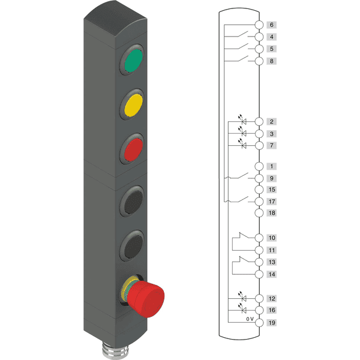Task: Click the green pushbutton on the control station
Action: (133, 60)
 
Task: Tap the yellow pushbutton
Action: (133, 105)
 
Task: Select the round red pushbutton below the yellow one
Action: (133, 149)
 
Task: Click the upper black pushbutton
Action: (133, 202)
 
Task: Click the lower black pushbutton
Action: (133, 246)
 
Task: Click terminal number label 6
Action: (272, 25)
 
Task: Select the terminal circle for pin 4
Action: (259, 37)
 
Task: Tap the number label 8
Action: (272, 61)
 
